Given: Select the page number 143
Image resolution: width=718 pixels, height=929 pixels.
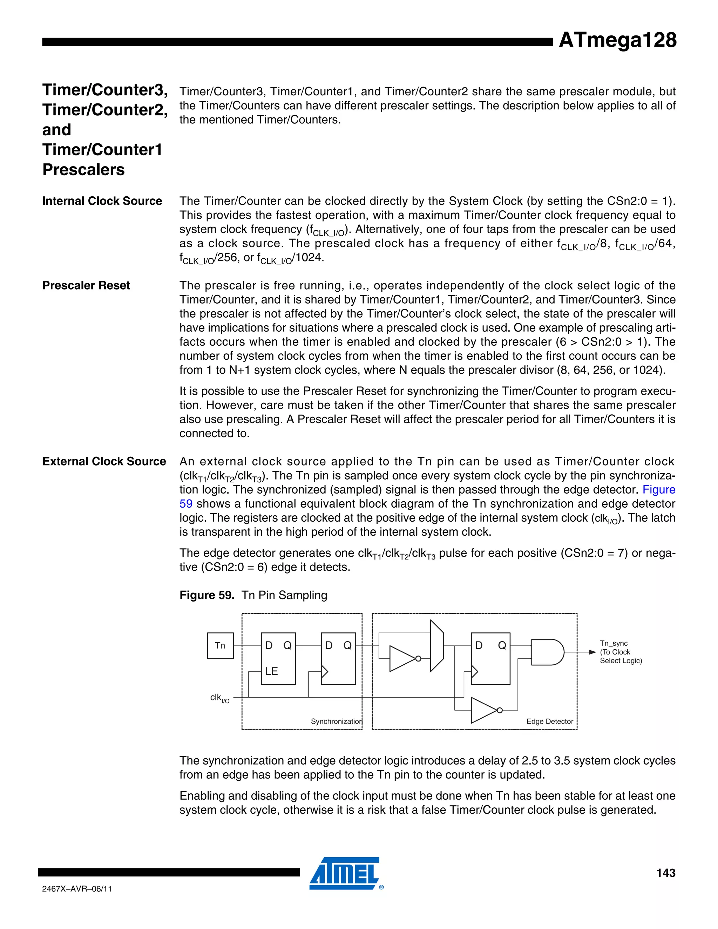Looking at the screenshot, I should [x=666, y=873].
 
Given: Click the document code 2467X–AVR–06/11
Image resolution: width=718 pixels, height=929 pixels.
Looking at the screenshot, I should [x=77, y=889].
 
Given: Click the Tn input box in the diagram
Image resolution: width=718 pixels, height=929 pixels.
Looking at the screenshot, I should [x=220, y=645].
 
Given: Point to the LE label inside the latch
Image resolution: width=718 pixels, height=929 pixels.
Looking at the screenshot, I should [x=271, y=671].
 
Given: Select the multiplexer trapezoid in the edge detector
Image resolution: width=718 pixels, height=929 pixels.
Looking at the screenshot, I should [x=437, y=646].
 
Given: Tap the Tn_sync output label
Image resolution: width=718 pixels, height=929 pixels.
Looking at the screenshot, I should [x=614, y=643].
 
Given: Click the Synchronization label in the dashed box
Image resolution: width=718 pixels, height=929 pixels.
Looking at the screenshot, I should [x=336, y=721].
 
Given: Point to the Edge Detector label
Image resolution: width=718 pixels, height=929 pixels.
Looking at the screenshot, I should [x=550, y=721].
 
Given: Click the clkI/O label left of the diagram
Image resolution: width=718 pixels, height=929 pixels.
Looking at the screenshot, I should [x=219, y=698].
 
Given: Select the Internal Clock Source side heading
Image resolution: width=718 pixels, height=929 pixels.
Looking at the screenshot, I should [x=102, y=201].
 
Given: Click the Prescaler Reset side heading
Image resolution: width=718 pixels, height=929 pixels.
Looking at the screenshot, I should [x=86, y=285].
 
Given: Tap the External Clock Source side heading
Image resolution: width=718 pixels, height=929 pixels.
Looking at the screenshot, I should [x=104, y=462].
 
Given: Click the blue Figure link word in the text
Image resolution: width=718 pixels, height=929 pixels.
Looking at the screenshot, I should [x=658, y=490].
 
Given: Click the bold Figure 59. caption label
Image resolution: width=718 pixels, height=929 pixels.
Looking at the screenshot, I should [x=207, y=595].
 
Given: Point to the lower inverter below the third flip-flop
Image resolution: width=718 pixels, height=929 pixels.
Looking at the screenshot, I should [x=484, y=710].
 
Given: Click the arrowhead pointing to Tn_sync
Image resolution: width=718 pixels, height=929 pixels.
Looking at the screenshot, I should [x=592, y=652].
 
